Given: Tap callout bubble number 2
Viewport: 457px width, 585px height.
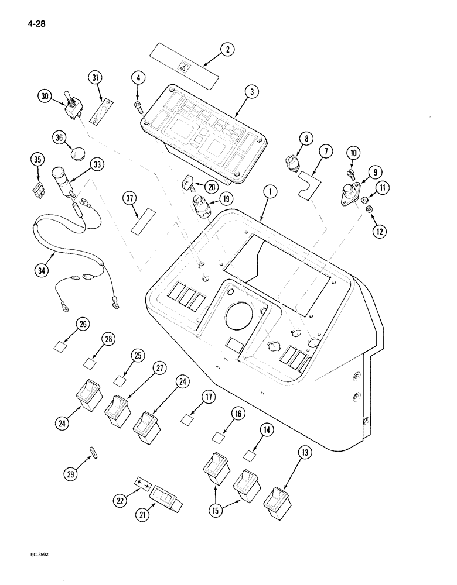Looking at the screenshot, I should click(227, 50).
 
